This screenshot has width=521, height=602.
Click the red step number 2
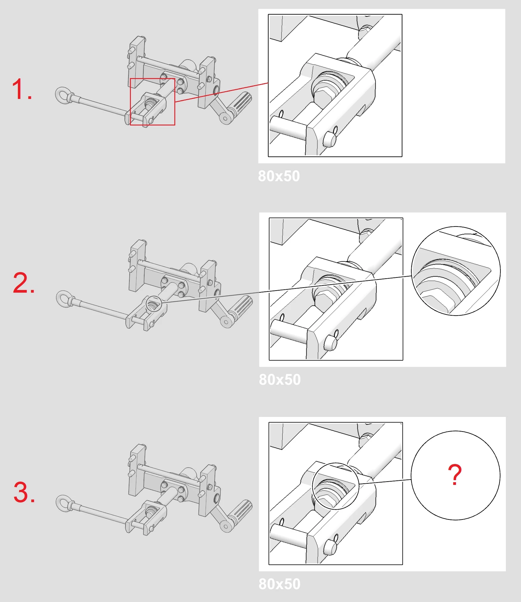click(24, 283)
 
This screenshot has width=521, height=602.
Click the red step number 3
click(24, 493)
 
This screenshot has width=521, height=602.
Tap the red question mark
click(455, 474)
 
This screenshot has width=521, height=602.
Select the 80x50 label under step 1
click(279, 176)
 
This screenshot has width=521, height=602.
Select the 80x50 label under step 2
click(280, 379)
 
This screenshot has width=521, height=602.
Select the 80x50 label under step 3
click(280, 584)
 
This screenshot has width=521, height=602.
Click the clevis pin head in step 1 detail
click(329, 139)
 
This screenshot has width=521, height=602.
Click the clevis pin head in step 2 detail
click(330, 343)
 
